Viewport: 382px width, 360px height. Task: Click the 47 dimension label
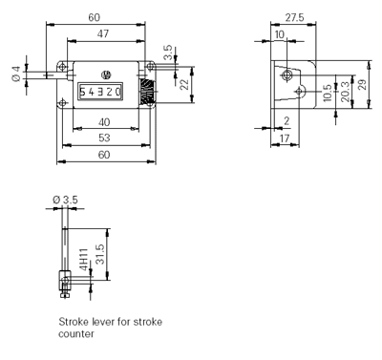click(x=103, y=33)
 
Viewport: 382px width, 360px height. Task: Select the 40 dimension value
click(x=104, y=122)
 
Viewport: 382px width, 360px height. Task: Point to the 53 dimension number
click(x=104, y=138)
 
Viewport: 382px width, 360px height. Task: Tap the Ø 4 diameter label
click(x=16, y=74)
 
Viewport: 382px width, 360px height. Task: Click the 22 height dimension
click(x=184, y=85)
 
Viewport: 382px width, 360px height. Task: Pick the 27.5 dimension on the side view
click(x=294, y=17)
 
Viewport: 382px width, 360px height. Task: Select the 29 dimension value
click(x=362, y=85)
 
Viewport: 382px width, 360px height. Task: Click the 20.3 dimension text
click(x=346, y=92)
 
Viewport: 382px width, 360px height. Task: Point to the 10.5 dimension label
click(x=328, y=93)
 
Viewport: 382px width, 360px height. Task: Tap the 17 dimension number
click(x=285, y=138)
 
